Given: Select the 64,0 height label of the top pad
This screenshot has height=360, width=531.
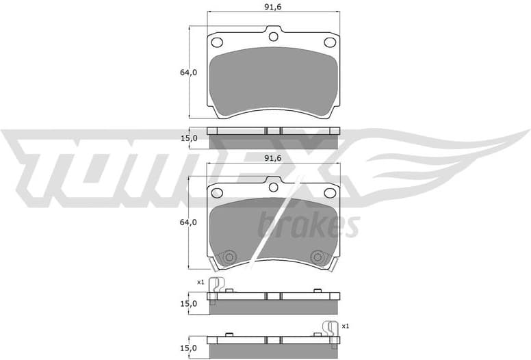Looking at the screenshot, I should [x=188, y=72].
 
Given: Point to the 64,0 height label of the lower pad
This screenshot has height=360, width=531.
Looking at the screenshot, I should [x=188, y=222].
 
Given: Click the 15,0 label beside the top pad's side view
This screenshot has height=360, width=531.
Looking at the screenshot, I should [x=188, y=138].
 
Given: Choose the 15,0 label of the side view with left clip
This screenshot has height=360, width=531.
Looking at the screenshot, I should [x=188, y=303].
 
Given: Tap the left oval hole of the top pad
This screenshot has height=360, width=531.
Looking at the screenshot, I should [x=217, y=42].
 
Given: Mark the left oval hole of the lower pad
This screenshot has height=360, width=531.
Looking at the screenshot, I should [x=217, y=192].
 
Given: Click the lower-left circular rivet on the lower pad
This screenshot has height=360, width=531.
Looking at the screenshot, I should [x=229, y=257].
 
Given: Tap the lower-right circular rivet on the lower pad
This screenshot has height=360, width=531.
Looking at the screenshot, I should [x=318, y=257].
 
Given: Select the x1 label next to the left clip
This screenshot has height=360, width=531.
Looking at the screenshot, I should [x=200, y=282].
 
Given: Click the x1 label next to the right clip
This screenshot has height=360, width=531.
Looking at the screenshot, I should [x=345, y=326].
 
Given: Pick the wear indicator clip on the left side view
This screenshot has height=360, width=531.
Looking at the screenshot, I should [x=216, y=290].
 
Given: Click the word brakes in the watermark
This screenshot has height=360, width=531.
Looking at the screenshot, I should [x=308, y=226].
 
